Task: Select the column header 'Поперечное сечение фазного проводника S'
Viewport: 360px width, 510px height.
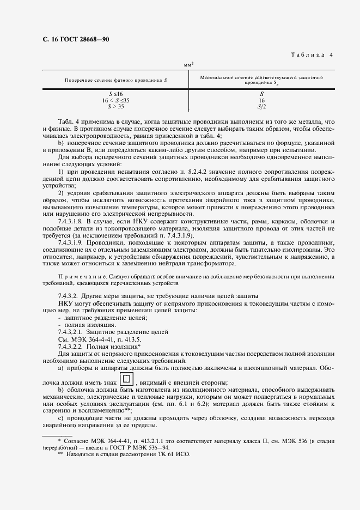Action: [115, 80]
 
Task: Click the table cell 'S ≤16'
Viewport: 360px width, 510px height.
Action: [115, 94]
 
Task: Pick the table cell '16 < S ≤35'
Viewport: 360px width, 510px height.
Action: [115, 100]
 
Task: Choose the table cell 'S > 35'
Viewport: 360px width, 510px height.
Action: [115, 106]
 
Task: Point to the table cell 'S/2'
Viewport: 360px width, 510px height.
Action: [261, 106]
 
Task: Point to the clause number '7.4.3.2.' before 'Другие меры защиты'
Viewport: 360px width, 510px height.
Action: [70, 295]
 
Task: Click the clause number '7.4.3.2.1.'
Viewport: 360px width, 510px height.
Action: [74, 332]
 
